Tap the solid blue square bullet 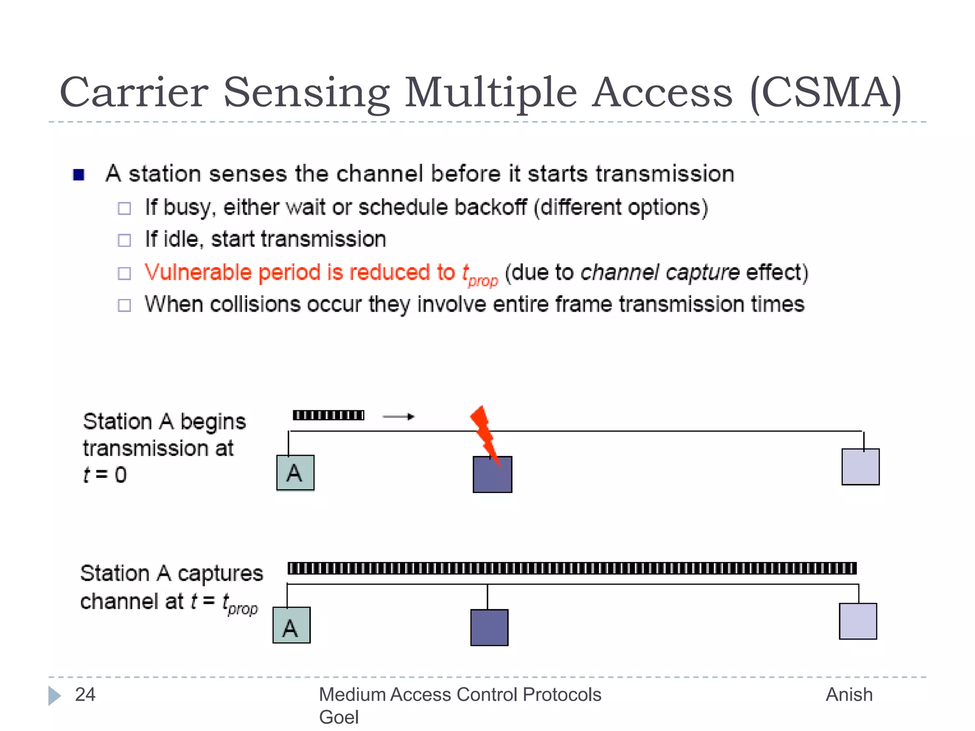tap(79, 175)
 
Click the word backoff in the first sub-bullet tap(490, 207)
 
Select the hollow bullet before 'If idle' tap(124, 240)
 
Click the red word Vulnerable tap(199, 273)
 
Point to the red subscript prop tap(483, 281)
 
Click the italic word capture tap(702, 273)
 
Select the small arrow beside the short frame tap(398, 416)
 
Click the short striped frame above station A tap(328, 415)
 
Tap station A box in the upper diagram tap(295, 473)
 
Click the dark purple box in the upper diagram tap(492, 475)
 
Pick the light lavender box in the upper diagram tap(860, 467)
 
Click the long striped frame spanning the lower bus tap(571, 568)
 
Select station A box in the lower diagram tap(291, 625)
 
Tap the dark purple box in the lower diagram tap(489, 627)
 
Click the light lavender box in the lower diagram tap(857, 621)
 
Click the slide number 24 tap(85, 695)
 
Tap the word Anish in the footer tap(849, 695)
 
